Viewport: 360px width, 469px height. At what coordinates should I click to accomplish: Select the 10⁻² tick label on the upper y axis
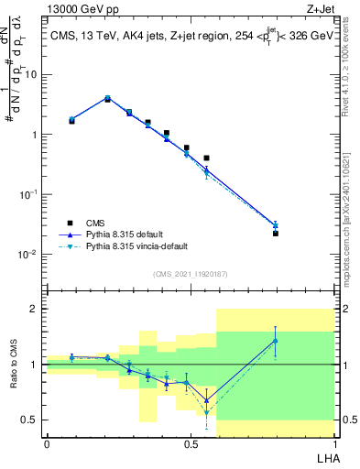coord(27,254)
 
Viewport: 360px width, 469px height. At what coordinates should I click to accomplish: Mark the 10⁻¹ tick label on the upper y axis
coord(27,194)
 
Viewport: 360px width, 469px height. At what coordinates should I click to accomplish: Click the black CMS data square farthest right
coord(275,234)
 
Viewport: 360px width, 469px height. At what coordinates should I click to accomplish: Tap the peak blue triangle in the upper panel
coord(107,98)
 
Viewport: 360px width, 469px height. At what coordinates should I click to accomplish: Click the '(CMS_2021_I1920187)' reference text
coord(189,272)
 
